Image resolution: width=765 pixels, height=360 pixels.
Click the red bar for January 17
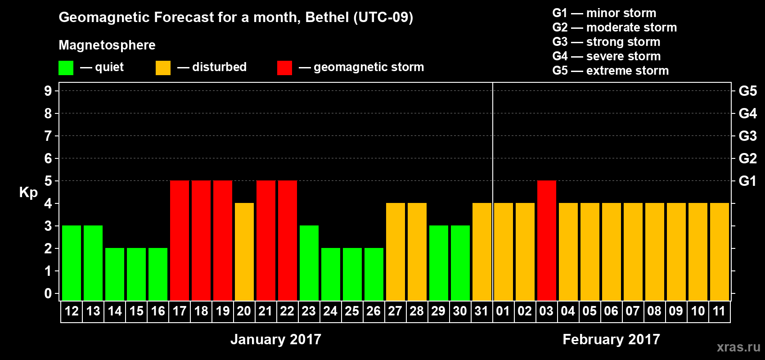point(180,240)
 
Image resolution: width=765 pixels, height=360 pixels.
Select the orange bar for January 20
point(244,252)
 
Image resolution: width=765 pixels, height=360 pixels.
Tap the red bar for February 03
point(547,240)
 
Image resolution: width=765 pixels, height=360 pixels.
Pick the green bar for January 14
point(115,274)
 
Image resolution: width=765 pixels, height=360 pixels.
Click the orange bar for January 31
point(482,252)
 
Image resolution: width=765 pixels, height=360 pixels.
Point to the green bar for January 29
point(439,263)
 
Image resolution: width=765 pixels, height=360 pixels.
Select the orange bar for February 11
point(720,252)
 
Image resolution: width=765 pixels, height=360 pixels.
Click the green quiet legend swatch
point(66,68)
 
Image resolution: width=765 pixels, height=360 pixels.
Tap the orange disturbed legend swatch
point(163,68)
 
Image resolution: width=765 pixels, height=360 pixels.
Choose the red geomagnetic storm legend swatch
point(284,68)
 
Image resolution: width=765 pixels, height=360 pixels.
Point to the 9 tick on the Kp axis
point(48,91)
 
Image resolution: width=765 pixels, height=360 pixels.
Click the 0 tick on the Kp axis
point(48,294)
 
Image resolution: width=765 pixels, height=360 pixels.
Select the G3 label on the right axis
point(747,136)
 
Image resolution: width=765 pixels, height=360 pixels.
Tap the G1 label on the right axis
point(747,181)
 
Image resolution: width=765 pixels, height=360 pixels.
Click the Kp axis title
point(28,193)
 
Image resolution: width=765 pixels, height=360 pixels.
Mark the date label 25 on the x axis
point(352,311)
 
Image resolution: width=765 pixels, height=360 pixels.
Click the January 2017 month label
point(276,339)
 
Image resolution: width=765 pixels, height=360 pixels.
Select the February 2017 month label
point(611,339)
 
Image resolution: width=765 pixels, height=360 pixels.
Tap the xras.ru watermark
point(738,347)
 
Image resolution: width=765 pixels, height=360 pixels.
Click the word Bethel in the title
point(327,18)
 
